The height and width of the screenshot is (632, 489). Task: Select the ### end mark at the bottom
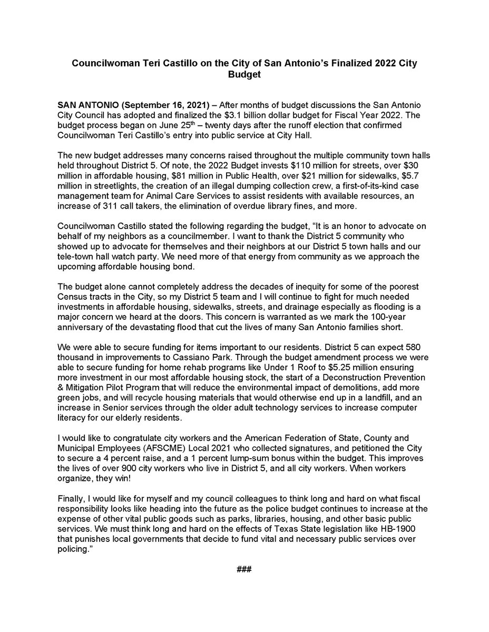click(244, 570)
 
